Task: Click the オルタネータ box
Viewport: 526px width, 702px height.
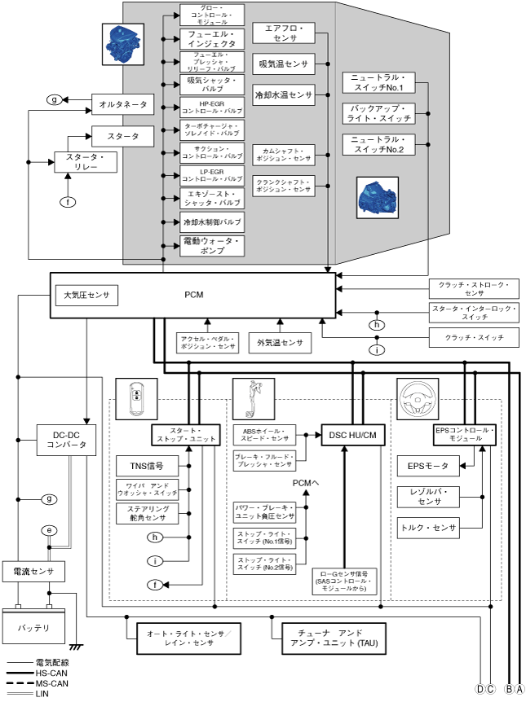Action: (x=123, y=104)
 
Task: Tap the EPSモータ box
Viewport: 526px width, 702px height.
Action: (x=427, y=467)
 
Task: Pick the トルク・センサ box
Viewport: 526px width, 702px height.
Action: (x=427, y=528)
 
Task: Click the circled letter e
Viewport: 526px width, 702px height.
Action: (x=50, y=530)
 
